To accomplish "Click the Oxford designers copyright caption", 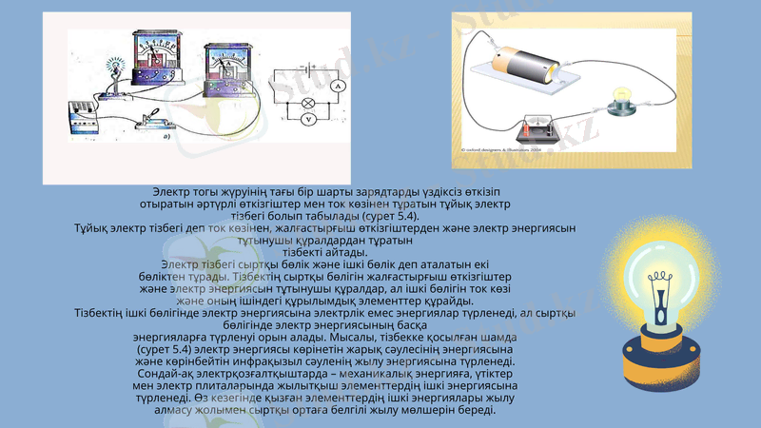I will (500, 149).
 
